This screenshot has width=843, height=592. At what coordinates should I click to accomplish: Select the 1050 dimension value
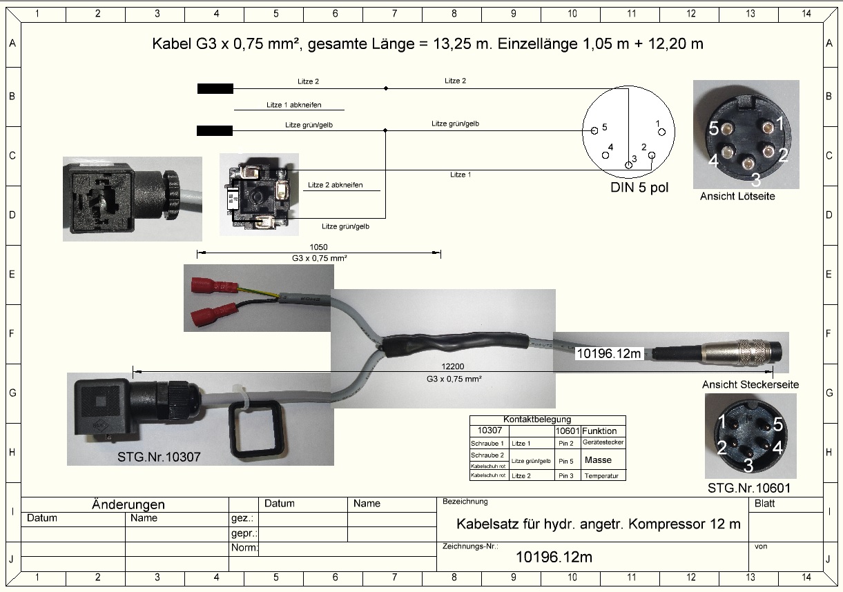(318, 247)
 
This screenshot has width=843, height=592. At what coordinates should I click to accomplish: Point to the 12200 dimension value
(454, 367)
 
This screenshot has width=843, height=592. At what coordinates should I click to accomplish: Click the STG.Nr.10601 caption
(749, 488)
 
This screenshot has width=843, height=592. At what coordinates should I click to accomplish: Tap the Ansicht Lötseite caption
(737, 197)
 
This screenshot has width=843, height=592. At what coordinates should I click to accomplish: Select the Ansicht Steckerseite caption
(746, 384)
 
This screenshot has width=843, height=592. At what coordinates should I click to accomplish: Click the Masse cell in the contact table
(597, 460)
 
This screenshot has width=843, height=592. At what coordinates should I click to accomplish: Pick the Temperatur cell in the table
(603, 475)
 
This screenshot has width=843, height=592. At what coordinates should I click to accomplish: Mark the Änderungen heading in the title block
(128, 504)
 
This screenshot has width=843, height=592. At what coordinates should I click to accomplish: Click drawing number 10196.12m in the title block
(554, 557)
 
